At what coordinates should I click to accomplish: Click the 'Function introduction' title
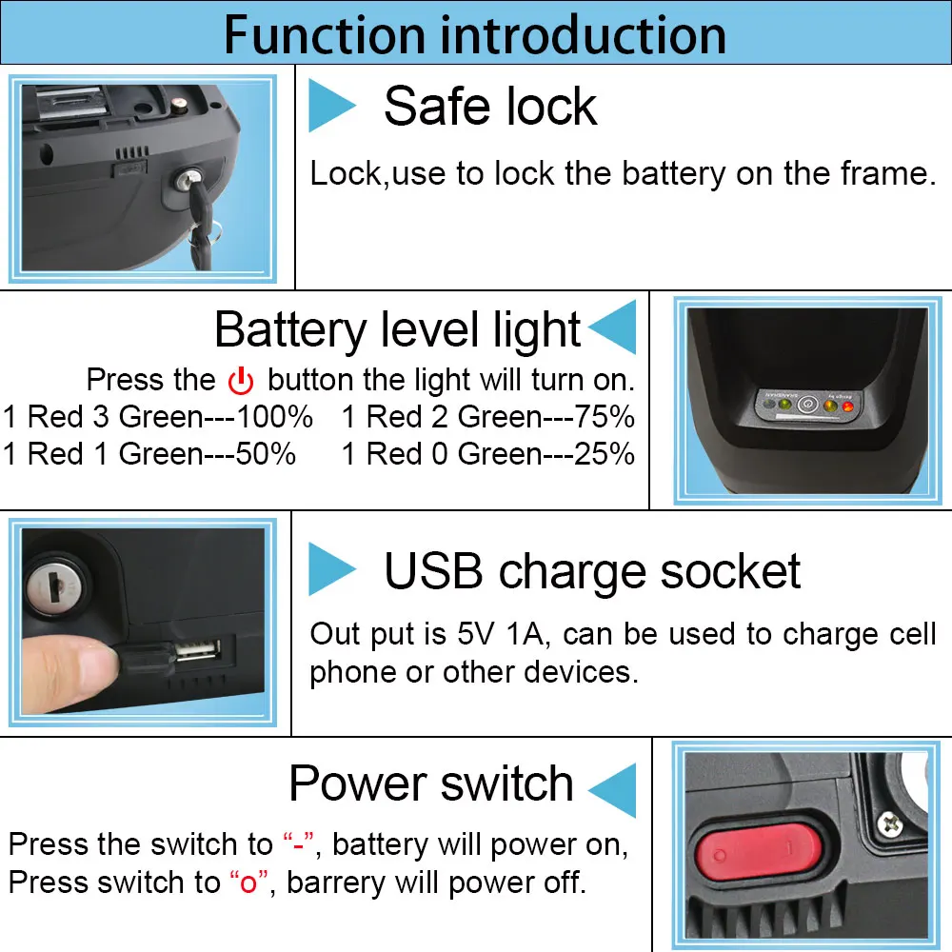(475, 34)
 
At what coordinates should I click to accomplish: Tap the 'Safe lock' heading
(490, 107)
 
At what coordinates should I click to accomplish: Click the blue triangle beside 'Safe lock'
(331, 105)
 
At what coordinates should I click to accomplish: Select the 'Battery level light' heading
(398, 329)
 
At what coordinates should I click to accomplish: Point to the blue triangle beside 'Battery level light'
(612, 327)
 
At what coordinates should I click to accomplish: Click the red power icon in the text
(241, 380)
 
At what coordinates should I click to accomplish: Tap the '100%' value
(274, 417)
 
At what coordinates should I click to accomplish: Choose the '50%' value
(266, 454)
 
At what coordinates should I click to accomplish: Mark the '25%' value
(605, 454)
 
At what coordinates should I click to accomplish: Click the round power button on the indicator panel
(807, 404)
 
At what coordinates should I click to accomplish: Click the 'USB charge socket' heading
(592, 572)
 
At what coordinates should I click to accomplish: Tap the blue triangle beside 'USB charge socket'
(331, 568)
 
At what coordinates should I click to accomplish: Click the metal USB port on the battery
(197, 650)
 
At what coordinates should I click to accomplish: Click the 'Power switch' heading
(431, 783)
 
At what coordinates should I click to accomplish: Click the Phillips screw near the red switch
(889, 823)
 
